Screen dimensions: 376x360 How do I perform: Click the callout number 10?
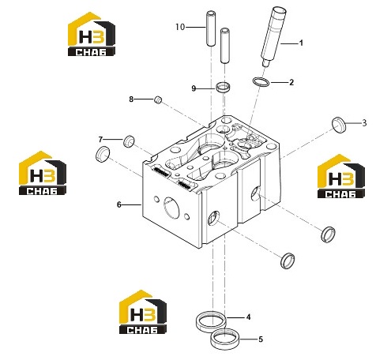[x=180, y=27]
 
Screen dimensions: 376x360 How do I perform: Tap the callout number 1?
[x=301, y=43]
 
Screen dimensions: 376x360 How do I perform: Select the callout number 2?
[x=291, y=82]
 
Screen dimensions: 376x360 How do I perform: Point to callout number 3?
[x=364, y=123]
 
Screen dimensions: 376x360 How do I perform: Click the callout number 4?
[x=248, y=317]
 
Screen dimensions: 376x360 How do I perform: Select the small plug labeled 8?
[x=158, y=99]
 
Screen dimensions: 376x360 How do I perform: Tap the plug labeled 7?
[x=129, y=141]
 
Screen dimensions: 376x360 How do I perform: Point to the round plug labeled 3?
[x=338, y=125]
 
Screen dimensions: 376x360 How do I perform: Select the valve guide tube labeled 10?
[x=211, y=28]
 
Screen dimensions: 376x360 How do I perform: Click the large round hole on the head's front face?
[x=171, y=208]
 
